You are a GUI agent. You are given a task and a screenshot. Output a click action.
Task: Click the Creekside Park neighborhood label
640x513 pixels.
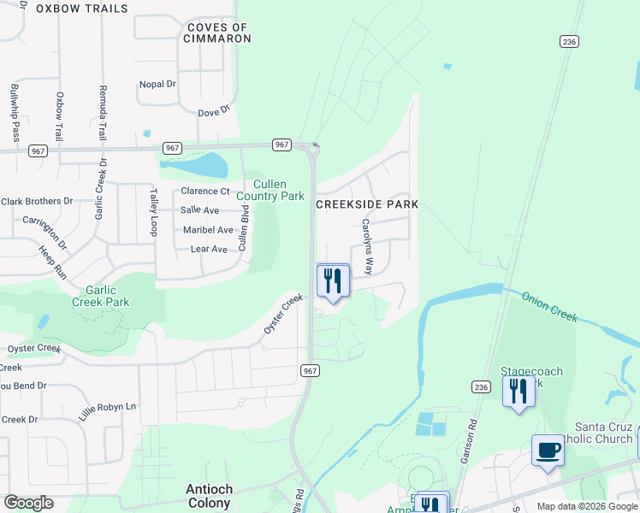tap(367, 205)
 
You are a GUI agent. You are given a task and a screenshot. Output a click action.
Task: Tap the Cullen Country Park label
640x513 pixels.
tap(270, 190)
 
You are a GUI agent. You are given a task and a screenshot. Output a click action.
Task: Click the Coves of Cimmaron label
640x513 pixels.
tap(218, 33)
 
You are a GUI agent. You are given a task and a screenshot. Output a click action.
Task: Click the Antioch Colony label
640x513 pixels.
tap(209, 496)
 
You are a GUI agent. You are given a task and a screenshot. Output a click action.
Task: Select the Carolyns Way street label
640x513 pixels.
tap(367, 246)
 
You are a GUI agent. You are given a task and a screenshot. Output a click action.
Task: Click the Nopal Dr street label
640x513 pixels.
tap(157, 85)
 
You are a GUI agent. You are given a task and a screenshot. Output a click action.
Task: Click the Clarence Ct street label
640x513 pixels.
tap(205, 192)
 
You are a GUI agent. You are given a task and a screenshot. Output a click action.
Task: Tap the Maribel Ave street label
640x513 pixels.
tap(208, 230)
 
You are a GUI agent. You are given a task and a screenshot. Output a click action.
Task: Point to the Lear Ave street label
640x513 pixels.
tap(208, 249)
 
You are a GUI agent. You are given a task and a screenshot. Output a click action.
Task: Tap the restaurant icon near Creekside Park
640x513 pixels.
tap(333, 280)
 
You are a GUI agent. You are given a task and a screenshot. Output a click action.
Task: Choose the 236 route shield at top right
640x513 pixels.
tap(570, 41)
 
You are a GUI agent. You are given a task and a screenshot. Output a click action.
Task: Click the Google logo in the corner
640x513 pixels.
tap(28, 503)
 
